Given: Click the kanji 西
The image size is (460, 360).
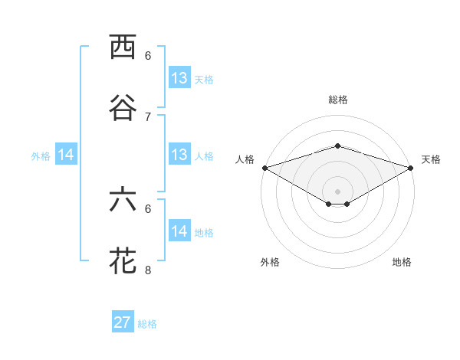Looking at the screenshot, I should pos(123,47).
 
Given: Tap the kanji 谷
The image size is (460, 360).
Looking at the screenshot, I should pos(123,108).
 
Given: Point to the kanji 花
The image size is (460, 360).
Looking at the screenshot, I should pos(123,260).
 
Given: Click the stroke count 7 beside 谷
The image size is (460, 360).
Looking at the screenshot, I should pos(148,116).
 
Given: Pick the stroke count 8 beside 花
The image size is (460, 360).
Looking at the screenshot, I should pos(148,270).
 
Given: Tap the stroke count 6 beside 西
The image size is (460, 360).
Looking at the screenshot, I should pos(148,55).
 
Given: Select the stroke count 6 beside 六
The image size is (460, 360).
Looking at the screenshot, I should pos(148,208).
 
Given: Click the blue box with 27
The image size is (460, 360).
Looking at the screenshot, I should pos(123,322).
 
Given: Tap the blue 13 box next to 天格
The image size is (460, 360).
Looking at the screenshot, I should pos(179,78).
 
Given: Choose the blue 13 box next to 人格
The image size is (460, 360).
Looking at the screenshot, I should pos(179,155).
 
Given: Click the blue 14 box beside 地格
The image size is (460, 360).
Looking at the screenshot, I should pos(179,231).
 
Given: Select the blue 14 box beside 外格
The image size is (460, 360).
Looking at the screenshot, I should pos(66,155).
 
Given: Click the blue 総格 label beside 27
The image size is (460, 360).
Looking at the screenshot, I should pos(147,324).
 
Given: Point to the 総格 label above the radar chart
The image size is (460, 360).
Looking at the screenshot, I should pos(337,100).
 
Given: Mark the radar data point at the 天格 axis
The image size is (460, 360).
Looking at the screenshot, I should pos(412,167).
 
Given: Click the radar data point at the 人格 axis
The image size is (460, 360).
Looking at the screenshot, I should pos(264,167).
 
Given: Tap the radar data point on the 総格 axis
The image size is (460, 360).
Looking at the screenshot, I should pos(337,146).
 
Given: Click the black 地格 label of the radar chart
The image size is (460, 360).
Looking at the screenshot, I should pos(402,262).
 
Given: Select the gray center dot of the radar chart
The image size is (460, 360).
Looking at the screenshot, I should pos(337,191).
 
